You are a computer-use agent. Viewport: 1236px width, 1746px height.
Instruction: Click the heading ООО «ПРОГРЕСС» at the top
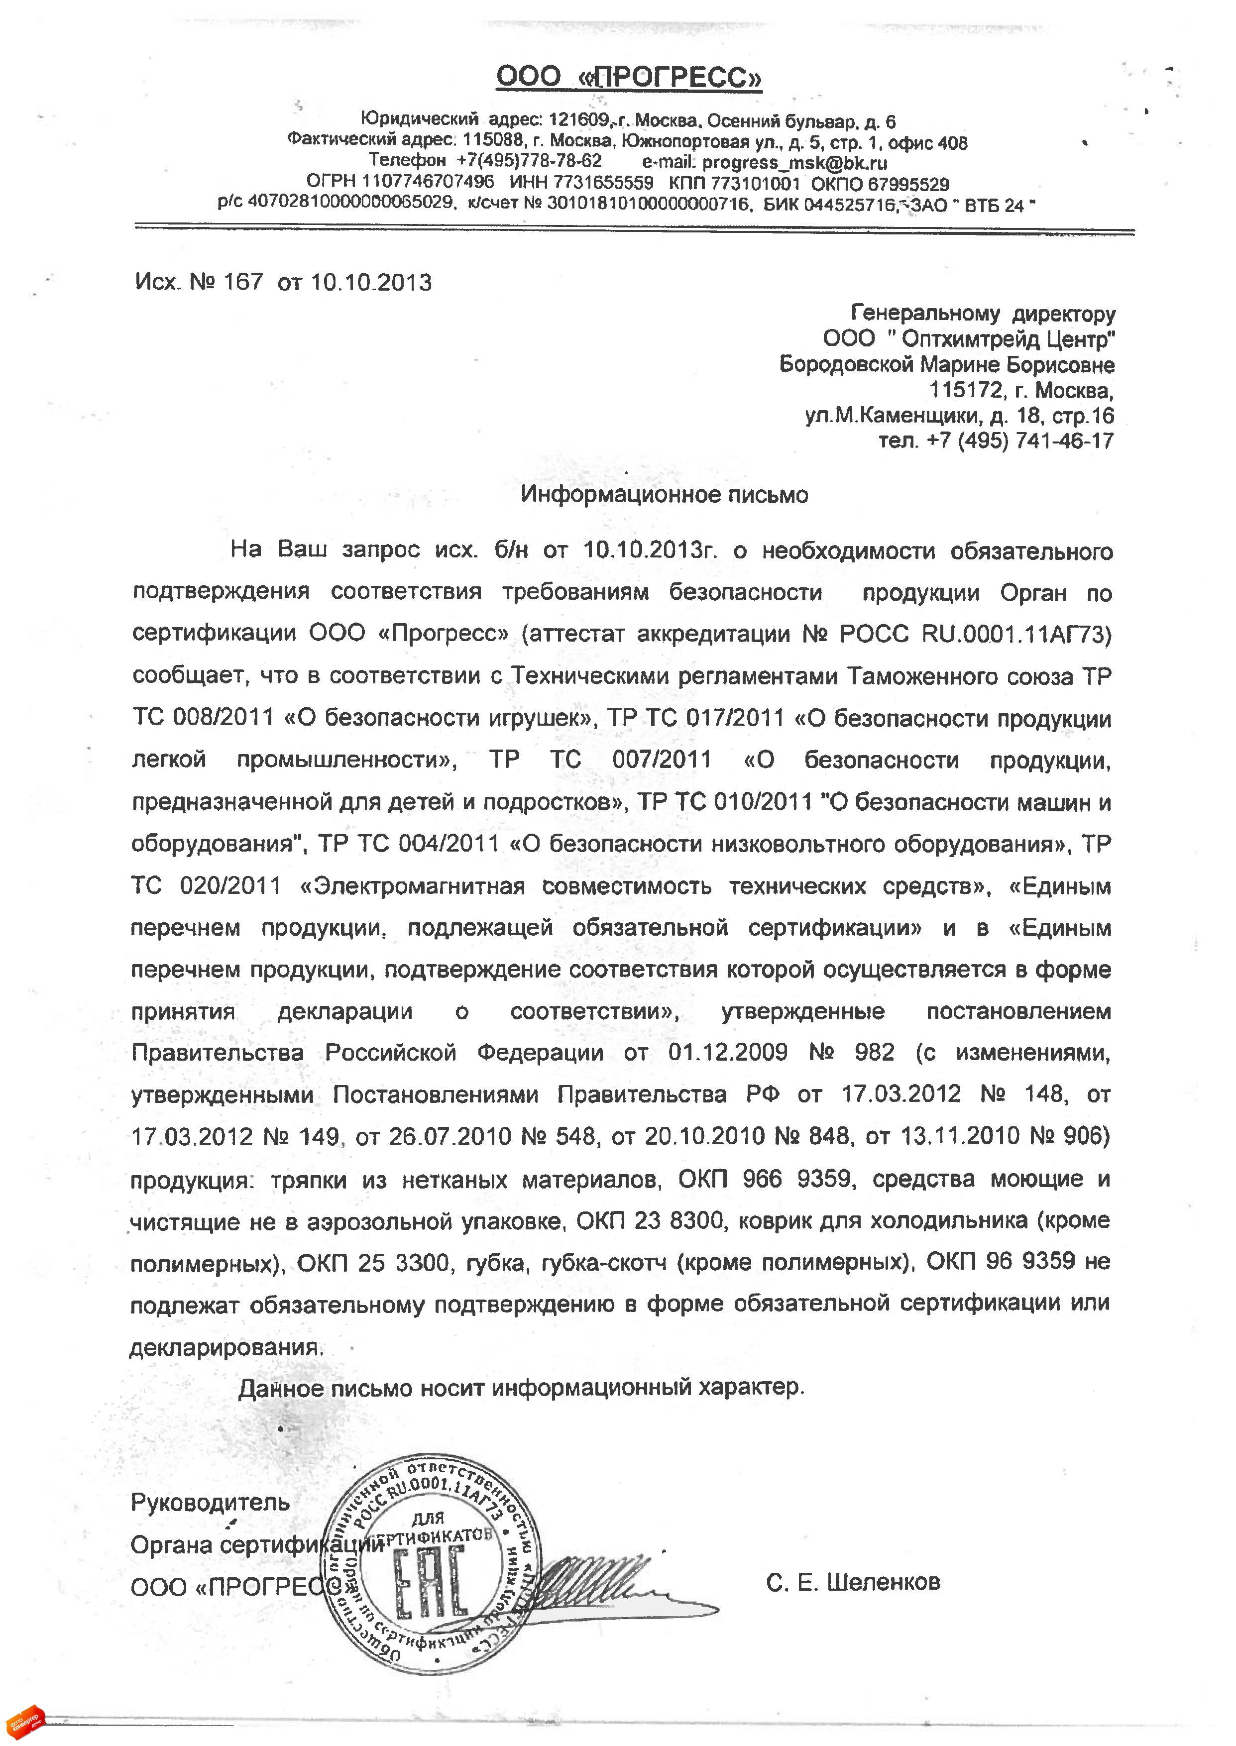(x=629, y=77)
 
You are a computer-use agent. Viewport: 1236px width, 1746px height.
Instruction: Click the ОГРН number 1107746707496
(x=428, y=183)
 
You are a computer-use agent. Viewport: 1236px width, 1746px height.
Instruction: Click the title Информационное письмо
(x=665, y=495)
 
